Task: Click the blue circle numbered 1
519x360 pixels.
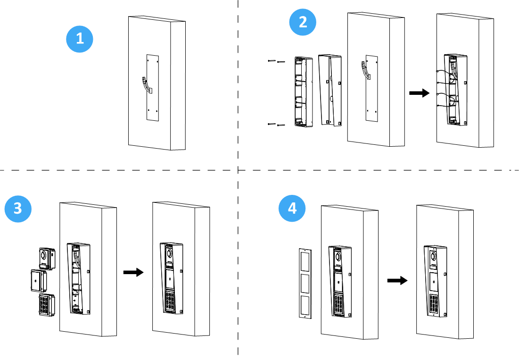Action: point(80,39)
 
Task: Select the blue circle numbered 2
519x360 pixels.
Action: point(303,22)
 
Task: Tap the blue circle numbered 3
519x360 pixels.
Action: point(18,209)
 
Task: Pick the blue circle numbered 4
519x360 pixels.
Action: point(292,209)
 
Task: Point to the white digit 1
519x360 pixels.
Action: point(80,39)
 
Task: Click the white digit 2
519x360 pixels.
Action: point(303,22)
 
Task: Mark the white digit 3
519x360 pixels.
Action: point(18,209)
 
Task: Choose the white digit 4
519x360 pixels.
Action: point(292,209)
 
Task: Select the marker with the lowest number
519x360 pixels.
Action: point(80,39)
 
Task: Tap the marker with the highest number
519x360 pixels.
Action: point(292,209)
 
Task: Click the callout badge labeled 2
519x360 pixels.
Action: point(303,22)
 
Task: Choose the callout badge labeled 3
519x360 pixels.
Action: point(18,209)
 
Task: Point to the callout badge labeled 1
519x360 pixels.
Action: point(80,39)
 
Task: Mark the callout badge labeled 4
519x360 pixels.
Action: point(292,209)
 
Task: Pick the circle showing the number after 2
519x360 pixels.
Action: point(18,209)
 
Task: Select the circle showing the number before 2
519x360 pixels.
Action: point(80,39)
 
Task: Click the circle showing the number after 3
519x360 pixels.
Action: point(292,209)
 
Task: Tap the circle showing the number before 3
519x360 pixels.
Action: point(303,22)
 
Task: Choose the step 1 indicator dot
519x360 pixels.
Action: point(80,39)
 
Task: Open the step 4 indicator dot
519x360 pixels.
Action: point(292,209)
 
